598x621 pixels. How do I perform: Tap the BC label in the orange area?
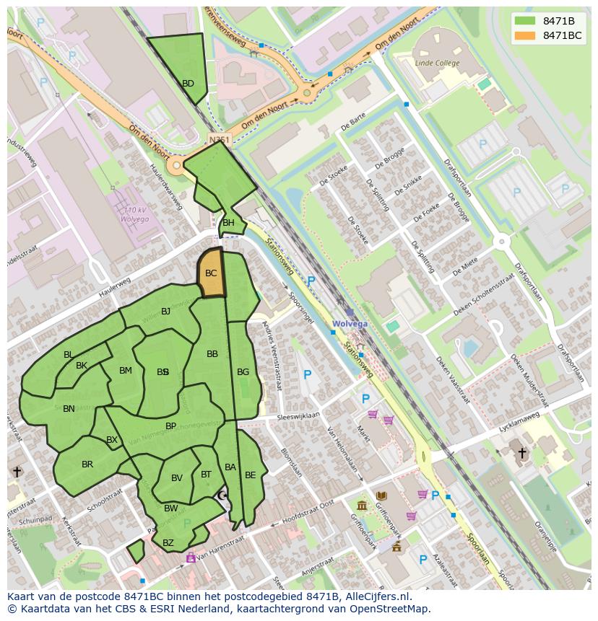[211, 273]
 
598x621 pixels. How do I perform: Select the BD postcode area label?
[188, 84]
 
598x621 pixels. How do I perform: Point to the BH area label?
[228, 223]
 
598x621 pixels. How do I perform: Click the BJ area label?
[165, 312]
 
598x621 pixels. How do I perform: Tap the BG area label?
[243, 372]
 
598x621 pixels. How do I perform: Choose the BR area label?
[87, 464]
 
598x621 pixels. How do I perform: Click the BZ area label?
[168, 543]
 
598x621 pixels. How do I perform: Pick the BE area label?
[250, 475]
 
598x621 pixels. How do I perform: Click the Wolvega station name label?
[350, 324]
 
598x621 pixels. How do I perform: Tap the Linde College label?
[437, 63]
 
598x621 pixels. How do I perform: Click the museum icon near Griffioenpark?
[362, 505]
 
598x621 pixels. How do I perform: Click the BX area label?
[111, 440]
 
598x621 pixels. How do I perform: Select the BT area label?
[206, 474]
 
